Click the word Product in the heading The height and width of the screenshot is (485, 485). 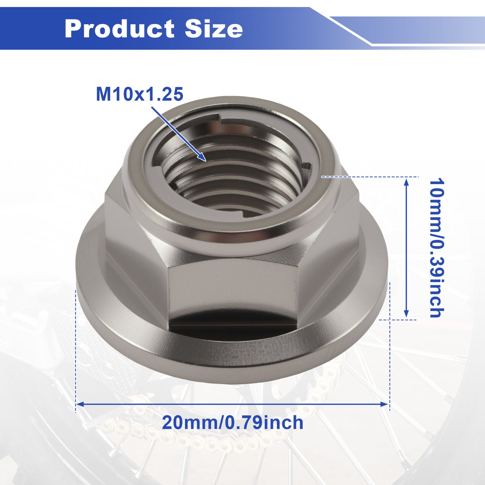(x=119, y=29)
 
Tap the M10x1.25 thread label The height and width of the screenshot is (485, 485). (x=140, y=94)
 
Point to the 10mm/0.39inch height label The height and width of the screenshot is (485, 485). (x=437, y=248)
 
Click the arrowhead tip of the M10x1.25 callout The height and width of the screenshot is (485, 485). (x=206, y=161)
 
